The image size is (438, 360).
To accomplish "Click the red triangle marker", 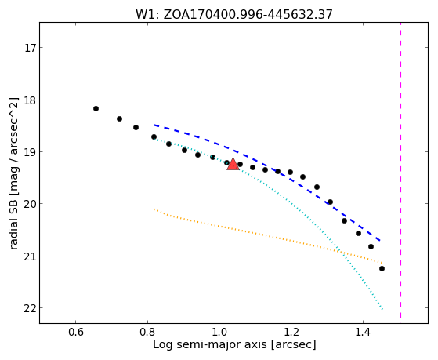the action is click(x=233, y=165).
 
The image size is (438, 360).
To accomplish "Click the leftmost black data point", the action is click(x=96, y=108).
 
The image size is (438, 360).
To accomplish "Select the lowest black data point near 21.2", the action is click(x=382, y=268).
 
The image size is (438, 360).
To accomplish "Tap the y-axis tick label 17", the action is click(x=31, y=48).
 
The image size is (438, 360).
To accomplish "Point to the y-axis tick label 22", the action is click(x=31, y=308).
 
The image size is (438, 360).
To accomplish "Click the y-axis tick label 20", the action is click(x=31, y=204).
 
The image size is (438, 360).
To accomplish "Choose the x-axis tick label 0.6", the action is click(x=76, y=333).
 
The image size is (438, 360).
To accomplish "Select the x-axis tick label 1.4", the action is click(x=363, y=333).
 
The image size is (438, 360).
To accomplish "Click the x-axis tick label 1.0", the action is click(x=219, y=333).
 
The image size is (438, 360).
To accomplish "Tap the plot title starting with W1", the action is click(x=234, y=14).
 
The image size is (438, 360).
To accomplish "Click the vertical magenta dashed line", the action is click(x=400, y=170).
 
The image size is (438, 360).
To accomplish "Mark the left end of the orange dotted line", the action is click(x=154, y=209).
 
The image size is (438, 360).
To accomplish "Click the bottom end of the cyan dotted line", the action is click(x=382, y=309).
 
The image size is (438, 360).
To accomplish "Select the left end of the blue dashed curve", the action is click(x=154, y=125).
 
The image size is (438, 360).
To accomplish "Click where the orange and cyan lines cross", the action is click(x=341, y=252).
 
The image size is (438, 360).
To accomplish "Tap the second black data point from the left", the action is click(x=119, y=118).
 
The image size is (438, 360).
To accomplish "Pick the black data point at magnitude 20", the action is click(x=330, y=202).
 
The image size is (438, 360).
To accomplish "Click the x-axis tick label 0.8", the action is click(x=147, y=333).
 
